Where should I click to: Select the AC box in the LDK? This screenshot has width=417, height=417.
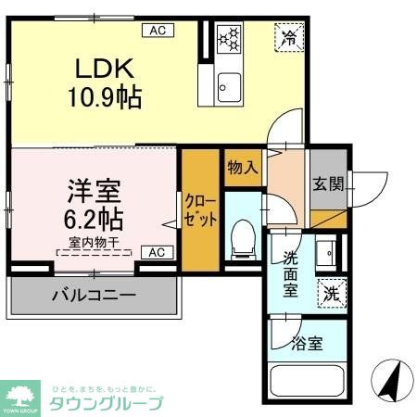[158, 30]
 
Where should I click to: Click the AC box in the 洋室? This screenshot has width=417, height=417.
[156, 251]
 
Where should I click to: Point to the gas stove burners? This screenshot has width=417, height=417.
[228, 40]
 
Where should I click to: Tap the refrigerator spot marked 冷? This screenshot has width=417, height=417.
[288, 39]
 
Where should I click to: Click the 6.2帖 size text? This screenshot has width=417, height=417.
[92, 222]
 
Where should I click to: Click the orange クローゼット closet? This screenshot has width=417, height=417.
[200, 211]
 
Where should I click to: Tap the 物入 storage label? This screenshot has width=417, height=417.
[242, 169]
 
